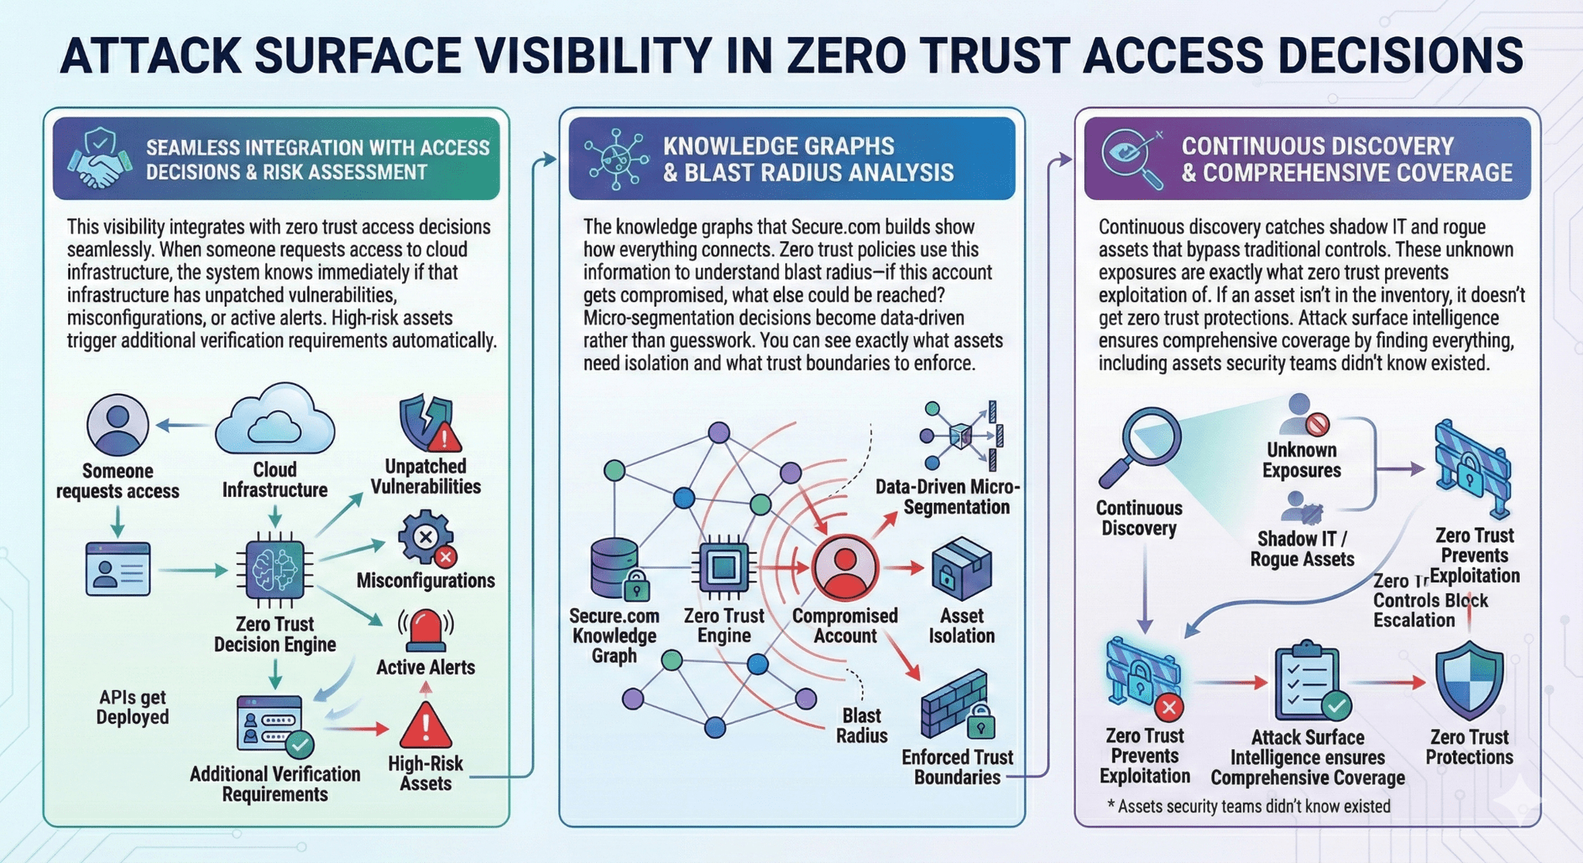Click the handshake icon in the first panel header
[98, 160]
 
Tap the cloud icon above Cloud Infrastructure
[275, 419]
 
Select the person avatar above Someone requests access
[117, 425]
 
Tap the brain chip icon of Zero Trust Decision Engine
[275, 569]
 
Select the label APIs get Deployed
[133, 707]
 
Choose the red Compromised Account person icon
[845, 567]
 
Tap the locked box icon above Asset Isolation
[961, 569]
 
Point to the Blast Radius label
[861, 725]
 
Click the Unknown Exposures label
[1301, 460]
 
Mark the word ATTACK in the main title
[150, 55]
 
